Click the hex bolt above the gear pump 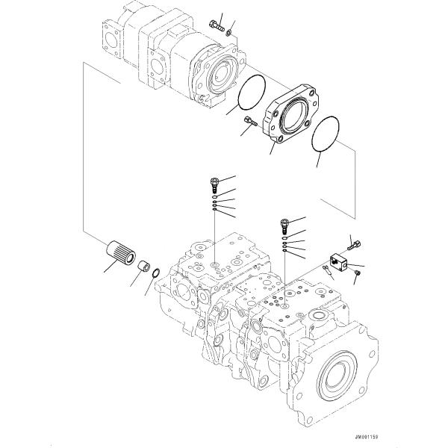[x=217, y=24]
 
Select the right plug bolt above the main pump [x=284, y=223]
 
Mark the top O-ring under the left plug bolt [x=214, y=197]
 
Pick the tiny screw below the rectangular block [x=357, y=276]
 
